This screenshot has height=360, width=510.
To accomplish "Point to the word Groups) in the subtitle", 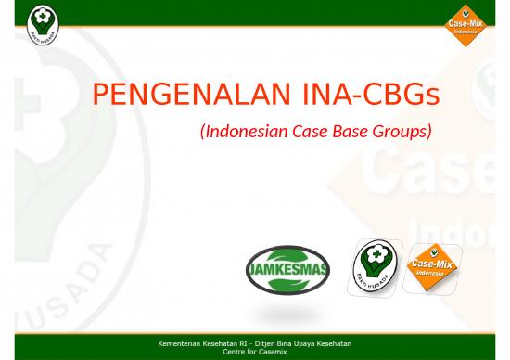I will [x=403, y=132].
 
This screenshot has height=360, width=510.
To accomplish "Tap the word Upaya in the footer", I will [x=301, y=344].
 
